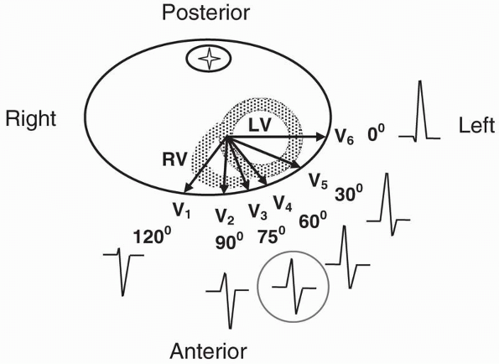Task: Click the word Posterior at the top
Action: point(205,13)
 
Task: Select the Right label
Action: point(31,119)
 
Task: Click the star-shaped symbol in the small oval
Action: point(204,58)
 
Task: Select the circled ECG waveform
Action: point(294,285)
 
